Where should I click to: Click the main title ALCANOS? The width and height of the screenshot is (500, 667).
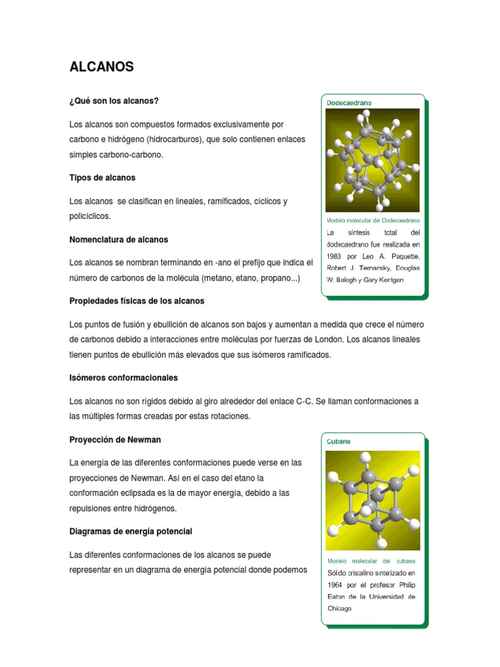[101, 66]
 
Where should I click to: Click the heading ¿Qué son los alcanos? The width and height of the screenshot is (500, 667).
[114, 101]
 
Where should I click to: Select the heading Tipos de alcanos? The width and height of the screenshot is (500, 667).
[102, 177]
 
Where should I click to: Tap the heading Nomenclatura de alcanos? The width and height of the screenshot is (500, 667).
[118, 240]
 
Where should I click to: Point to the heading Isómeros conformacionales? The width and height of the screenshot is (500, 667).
[123, 378]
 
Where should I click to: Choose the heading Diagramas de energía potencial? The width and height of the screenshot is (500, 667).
[131, 532]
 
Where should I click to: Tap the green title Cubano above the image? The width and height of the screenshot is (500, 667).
[339, 441]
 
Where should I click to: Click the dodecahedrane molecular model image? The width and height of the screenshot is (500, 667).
[372, 160]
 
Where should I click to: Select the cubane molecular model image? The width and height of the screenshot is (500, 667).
[372, 500]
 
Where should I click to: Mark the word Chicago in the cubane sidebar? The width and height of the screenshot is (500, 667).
[339, 608]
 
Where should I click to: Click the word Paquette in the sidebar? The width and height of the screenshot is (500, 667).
[404, 256]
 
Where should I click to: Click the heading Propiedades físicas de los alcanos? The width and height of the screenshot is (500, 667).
[137, 301]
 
